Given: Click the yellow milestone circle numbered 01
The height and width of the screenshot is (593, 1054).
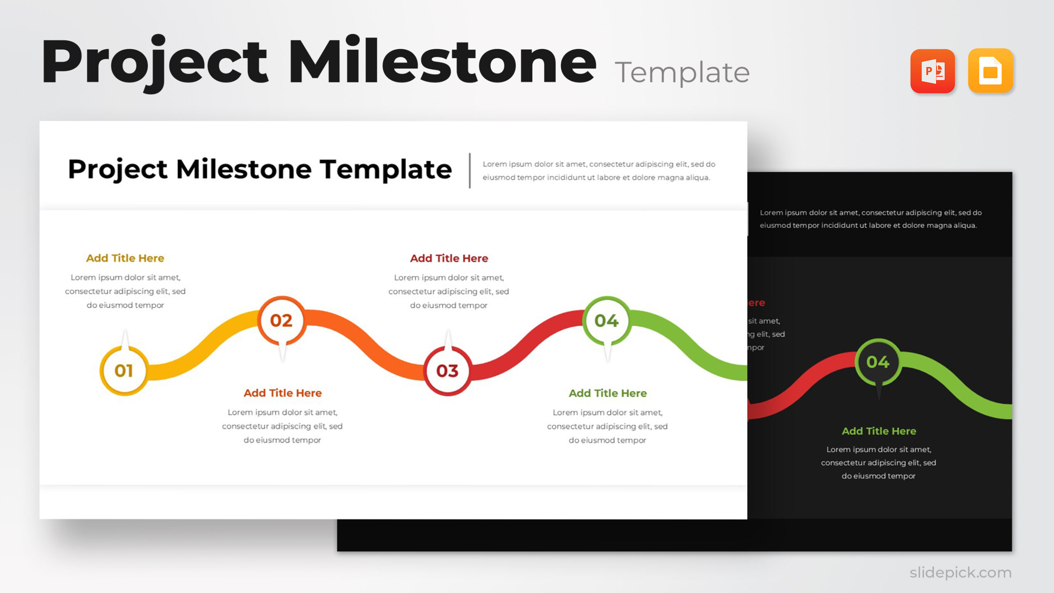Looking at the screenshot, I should pyautogui.click(x=124, y=371).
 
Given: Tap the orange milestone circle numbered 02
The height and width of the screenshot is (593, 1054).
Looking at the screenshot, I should pyautogui.click(x=282, y=320).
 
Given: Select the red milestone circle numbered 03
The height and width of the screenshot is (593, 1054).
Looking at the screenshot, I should pyautogui.click(x=448, y=371).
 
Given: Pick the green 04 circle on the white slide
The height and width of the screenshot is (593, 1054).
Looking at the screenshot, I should pyautogui.click(x=606, y=320).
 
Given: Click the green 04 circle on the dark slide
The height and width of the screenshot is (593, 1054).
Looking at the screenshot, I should pyautogui.click(x=878, y=362).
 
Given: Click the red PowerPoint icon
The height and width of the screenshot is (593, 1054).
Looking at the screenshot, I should pyautogui.click(x=933, y=71).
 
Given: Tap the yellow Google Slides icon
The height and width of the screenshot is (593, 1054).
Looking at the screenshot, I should pyautogui.click(x=990, y=71).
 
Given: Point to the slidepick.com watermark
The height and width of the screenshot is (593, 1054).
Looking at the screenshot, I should pyautogui.click(x=960, y=572).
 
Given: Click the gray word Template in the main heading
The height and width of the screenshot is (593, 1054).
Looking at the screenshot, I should pyautogui.click(x=682, y=73).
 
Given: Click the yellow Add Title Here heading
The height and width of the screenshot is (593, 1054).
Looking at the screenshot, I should pyautogui.click(x=125, y=258).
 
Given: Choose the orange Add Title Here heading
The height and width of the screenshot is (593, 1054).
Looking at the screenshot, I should pyautogui.click(x=282, y=393).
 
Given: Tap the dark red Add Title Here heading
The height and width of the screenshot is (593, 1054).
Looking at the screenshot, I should pyautogui.click(x=449, y=258).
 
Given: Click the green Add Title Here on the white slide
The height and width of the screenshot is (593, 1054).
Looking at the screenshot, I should pyautogui.click(x=607, y=393).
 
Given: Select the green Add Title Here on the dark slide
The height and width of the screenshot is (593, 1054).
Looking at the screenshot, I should pyautogui.click(x=879, y=431).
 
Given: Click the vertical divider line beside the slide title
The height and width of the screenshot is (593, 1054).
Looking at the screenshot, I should pyautogui.click(x=470, y=170).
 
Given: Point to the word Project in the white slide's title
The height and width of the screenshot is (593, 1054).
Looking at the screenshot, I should pyautogui.click(x=118, y=170).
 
